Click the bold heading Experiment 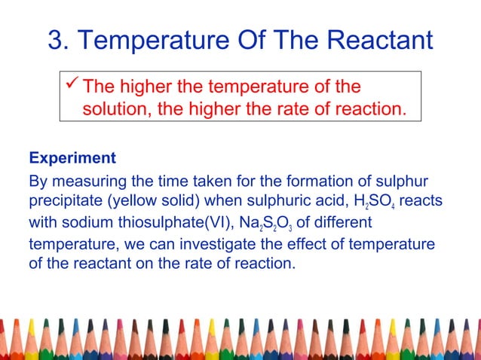[72, 159]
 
